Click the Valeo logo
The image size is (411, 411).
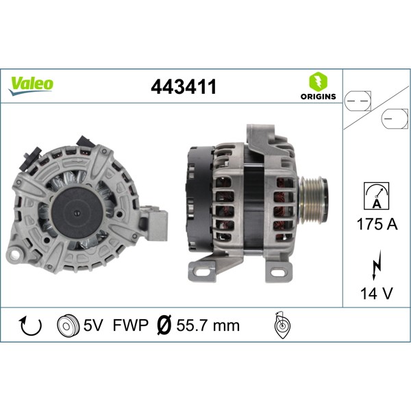(x=31, y=84)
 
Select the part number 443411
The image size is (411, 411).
(x=183, y=87)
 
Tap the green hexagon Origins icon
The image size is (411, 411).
(x=318, y=81)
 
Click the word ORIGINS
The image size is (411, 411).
(x=318, y=97)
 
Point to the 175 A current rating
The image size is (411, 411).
(x=375, y=223)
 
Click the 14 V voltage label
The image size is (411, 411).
(x=375, y=295)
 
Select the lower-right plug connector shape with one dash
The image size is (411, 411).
(x=393, y=120)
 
